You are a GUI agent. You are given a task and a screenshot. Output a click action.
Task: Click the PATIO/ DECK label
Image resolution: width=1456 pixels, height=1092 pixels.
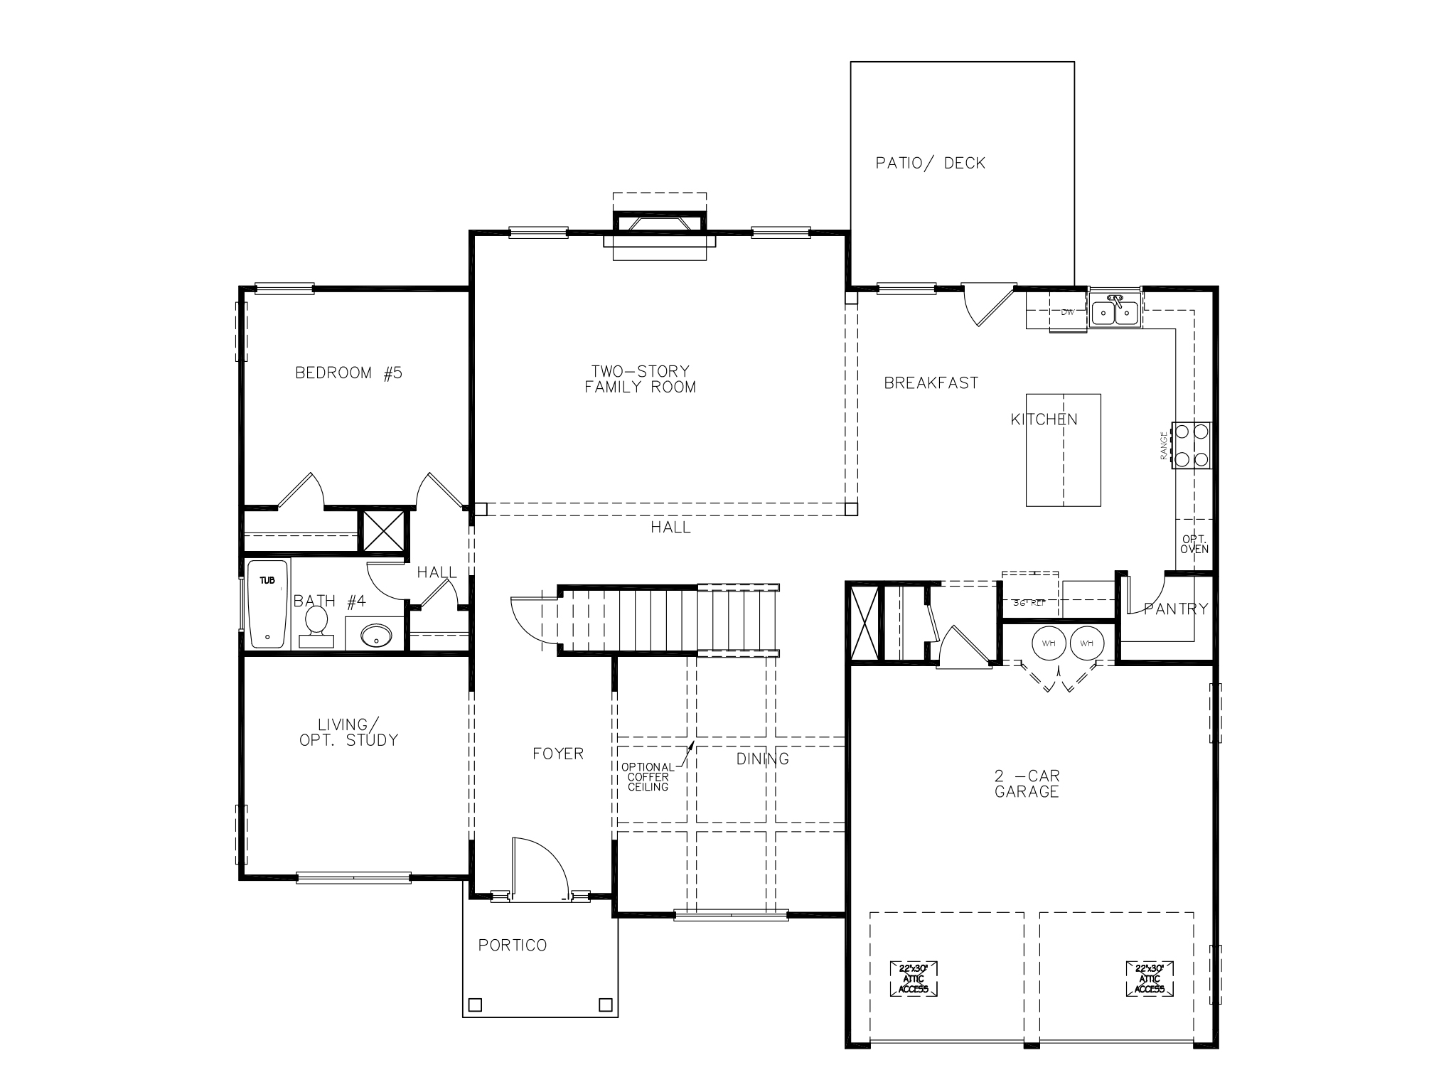tap(930, 164)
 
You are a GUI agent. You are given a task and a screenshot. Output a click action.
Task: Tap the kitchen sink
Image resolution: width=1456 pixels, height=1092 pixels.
tap(1114, 311)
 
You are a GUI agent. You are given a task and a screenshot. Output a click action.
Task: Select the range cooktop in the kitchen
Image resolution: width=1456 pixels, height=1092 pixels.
tap(1192, 445)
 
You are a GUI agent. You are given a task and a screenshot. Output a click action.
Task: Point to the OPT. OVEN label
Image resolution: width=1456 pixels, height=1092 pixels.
tap(1194, 545)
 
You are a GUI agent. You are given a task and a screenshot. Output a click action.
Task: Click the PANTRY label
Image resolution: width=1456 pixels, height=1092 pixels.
tap(1175, 609)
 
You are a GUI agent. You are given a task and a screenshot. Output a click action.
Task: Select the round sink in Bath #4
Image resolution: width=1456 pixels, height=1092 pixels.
tap(375, 635)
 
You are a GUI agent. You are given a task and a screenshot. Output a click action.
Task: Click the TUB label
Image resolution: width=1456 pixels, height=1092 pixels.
tap(267, 581)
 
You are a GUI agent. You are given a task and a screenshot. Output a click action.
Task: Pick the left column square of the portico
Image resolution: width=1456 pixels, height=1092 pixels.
tap(475, 1005)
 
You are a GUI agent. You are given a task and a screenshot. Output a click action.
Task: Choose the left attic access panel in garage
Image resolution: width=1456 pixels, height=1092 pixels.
tap(913, 979)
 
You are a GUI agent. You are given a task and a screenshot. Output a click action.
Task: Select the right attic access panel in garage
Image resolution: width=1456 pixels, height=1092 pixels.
tap(1149, 979)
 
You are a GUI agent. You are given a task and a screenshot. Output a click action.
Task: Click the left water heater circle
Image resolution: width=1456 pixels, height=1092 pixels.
tap(1049, 643)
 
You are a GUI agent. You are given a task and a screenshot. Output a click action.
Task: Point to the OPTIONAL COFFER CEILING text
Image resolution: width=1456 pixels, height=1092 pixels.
tap(648, 777)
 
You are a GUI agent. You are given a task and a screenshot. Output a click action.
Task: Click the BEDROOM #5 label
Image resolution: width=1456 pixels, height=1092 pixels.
tap(348, 373)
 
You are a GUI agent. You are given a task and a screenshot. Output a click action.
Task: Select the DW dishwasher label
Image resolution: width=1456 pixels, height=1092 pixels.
tap(1067, 312)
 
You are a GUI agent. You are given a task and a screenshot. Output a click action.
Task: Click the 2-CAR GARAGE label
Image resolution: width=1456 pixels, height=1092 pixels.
tap(1027, 784)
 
